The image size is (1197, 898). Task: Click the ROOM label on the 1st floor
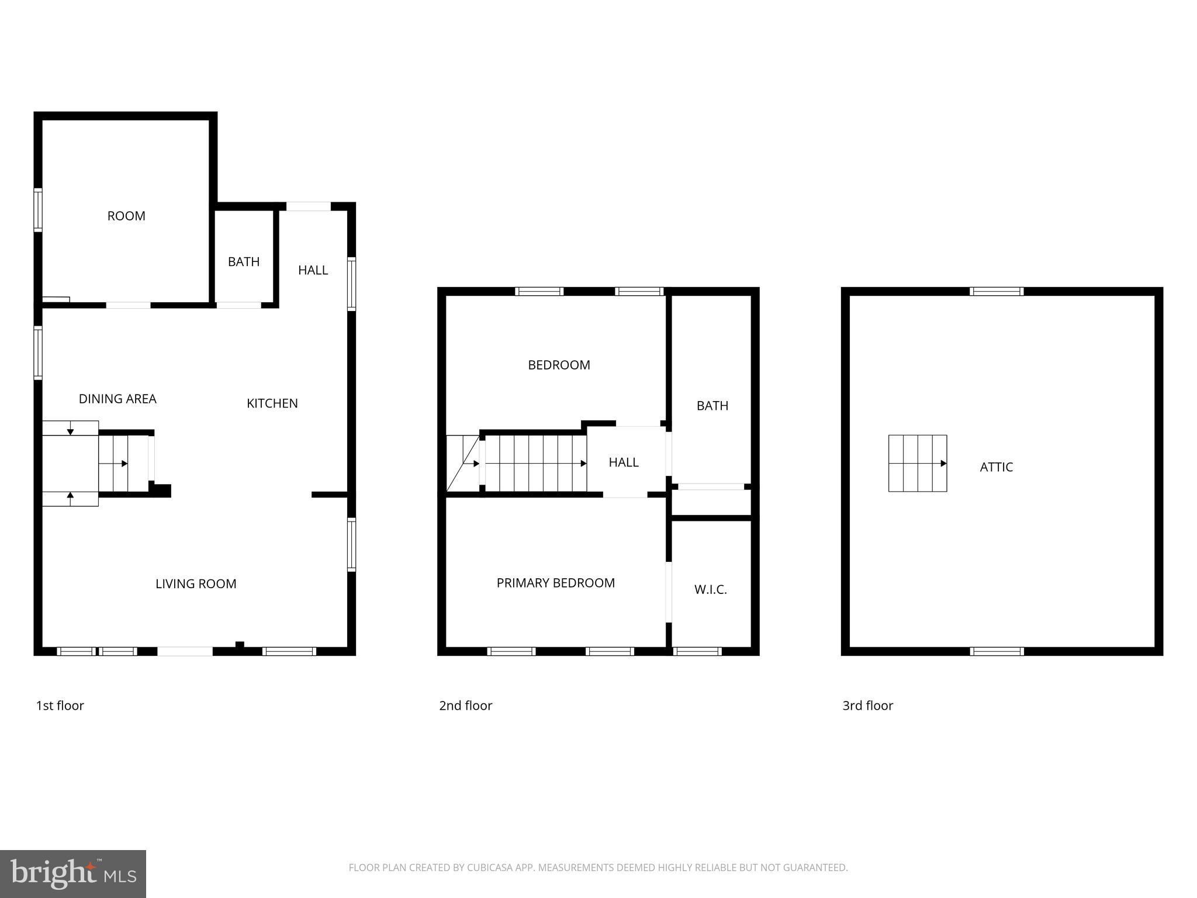point(126,216)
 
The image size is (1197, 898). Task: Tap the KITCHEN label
point(272,403)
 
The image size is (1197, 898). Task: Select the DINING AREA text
point(117,399)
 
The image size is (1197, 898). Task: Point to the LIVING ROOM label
point(196,583)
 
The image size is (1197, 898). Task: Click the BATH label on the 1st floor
point(244,262)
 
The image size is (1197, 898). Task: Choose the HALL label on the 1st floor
point(313,270)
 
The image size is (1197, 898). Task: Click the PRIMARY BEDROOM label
point(555,583)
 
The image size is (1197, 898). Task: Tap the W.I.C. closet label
point(710,589)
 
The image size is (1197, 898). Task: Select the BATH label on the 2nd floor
point(712,406)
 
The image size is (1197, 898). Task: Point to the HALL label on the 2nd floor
point(623,462)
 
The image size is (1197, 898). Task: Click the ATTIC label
point(996,467)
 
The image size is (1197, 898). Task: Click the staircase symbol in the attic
point(917,463)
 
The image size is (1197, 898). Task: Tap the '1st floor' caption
point(60,706)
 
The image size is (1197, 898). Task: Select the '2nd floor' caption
point(465,706)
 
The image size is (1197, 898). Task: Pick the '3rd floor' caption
point(867,706)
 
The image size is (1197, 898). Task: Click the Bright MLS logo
point(72,874)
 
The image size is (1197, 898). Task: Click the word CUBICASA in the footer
point(489,868)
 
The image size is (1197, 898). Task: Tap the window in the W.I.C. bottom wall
point(697,651)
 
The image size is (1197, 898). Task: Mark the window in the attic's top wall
point(997,291)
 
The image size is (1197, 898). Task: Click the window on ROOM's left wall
point(38,210)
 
